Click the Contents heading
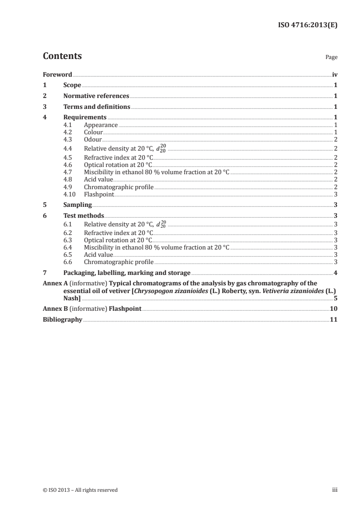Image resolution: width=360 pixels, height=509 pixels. (62, 57)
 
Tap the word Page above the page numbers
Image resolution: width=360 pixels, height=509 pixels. (331, 58)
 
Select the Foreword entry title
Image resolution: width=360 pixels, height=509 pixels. (57, 74)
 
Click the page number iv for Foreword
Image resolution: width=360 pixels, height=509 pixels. (334, 74)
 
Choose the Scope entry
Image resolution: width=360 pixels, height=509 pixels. (72, 85)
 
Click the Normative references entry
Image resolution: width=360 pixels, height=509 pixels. (96, 96)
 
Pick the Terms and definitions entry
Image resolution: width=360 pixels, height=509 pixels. (97, 107)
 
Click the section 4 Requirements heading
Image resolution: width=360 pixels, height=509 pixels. (85, 117)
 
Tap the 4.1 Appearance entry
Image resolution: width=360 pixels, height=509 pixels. (101, 125)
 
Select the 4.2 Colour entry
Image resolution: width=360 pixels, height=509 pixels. (94, 132)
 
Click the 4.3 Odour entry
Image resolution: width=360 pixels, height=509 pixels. (93, 139)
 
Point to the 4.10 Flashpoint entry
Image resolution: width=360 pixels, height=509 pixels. (99, 194)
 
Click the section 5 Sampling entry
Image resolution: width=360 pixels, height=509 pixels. (78, 205)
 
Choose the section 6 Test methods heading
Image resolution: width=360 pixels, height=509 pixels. (84, 216)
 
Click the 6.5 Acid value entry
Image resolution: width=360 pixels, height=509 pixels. (98, 255)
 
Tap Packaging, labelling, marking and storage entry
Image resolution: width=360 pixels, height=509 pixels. (127, 273)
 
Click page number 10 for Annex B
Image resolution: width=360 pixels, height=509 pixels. (333, 309)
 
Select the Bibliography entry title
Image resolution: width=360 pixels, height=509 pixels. (62, 320)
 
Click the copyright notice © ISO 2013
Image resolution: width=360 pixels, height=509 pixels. (80, 490)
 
